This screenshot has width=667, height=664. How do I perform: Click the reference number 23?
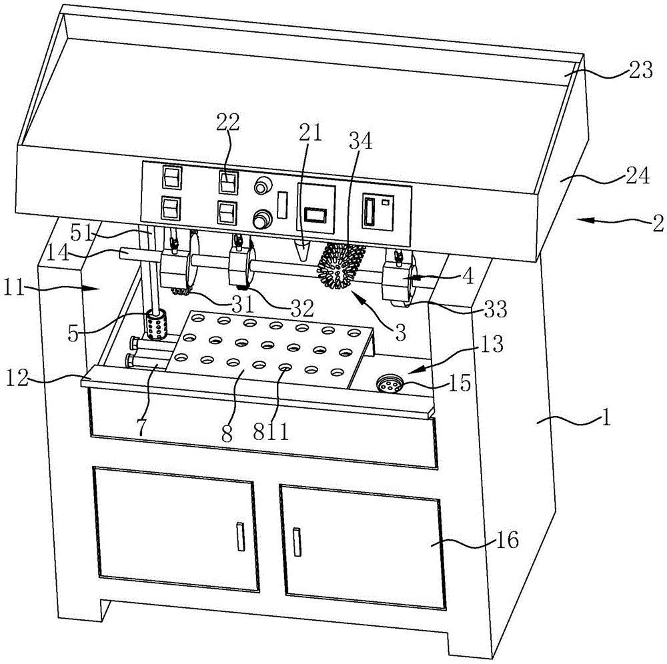pos(639,70)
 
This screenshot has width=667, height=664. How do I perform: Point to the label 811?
pos(271,432)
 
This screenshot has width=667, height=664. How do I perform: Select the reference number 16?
pos(507,540)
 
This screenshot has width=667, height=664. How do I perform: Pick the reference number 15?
pos(459,383)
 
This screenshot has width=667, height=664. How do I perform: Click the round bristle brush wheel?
pos(341,266)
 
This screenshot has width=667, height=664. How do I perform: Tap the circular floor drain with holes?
pos(389,383)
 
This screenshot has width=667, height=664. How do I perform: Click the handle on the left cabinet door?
pos(241,537)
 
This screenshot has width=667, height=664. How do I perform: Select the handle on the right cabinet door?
pos(297,541)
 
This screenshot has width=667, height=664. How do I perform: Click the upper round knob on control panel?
pos(262,186)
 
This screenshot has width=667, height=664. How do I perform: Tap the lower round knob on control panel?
pos(261,220)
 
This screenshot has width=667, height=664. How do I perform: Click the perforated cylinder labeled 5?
pos(155,325)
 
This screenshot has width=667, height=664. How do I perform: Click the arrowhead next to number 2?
pos(583,220)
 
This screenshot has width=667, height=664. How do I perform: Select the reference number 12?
pos(17,377)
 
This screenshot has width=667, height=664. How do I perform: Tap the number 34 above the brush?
pos(361,141)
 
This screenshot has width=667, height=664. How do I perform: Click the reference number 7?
pos(141,427)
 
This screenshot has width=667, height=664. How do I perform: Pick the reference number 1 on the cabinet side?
pos(606,417)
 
